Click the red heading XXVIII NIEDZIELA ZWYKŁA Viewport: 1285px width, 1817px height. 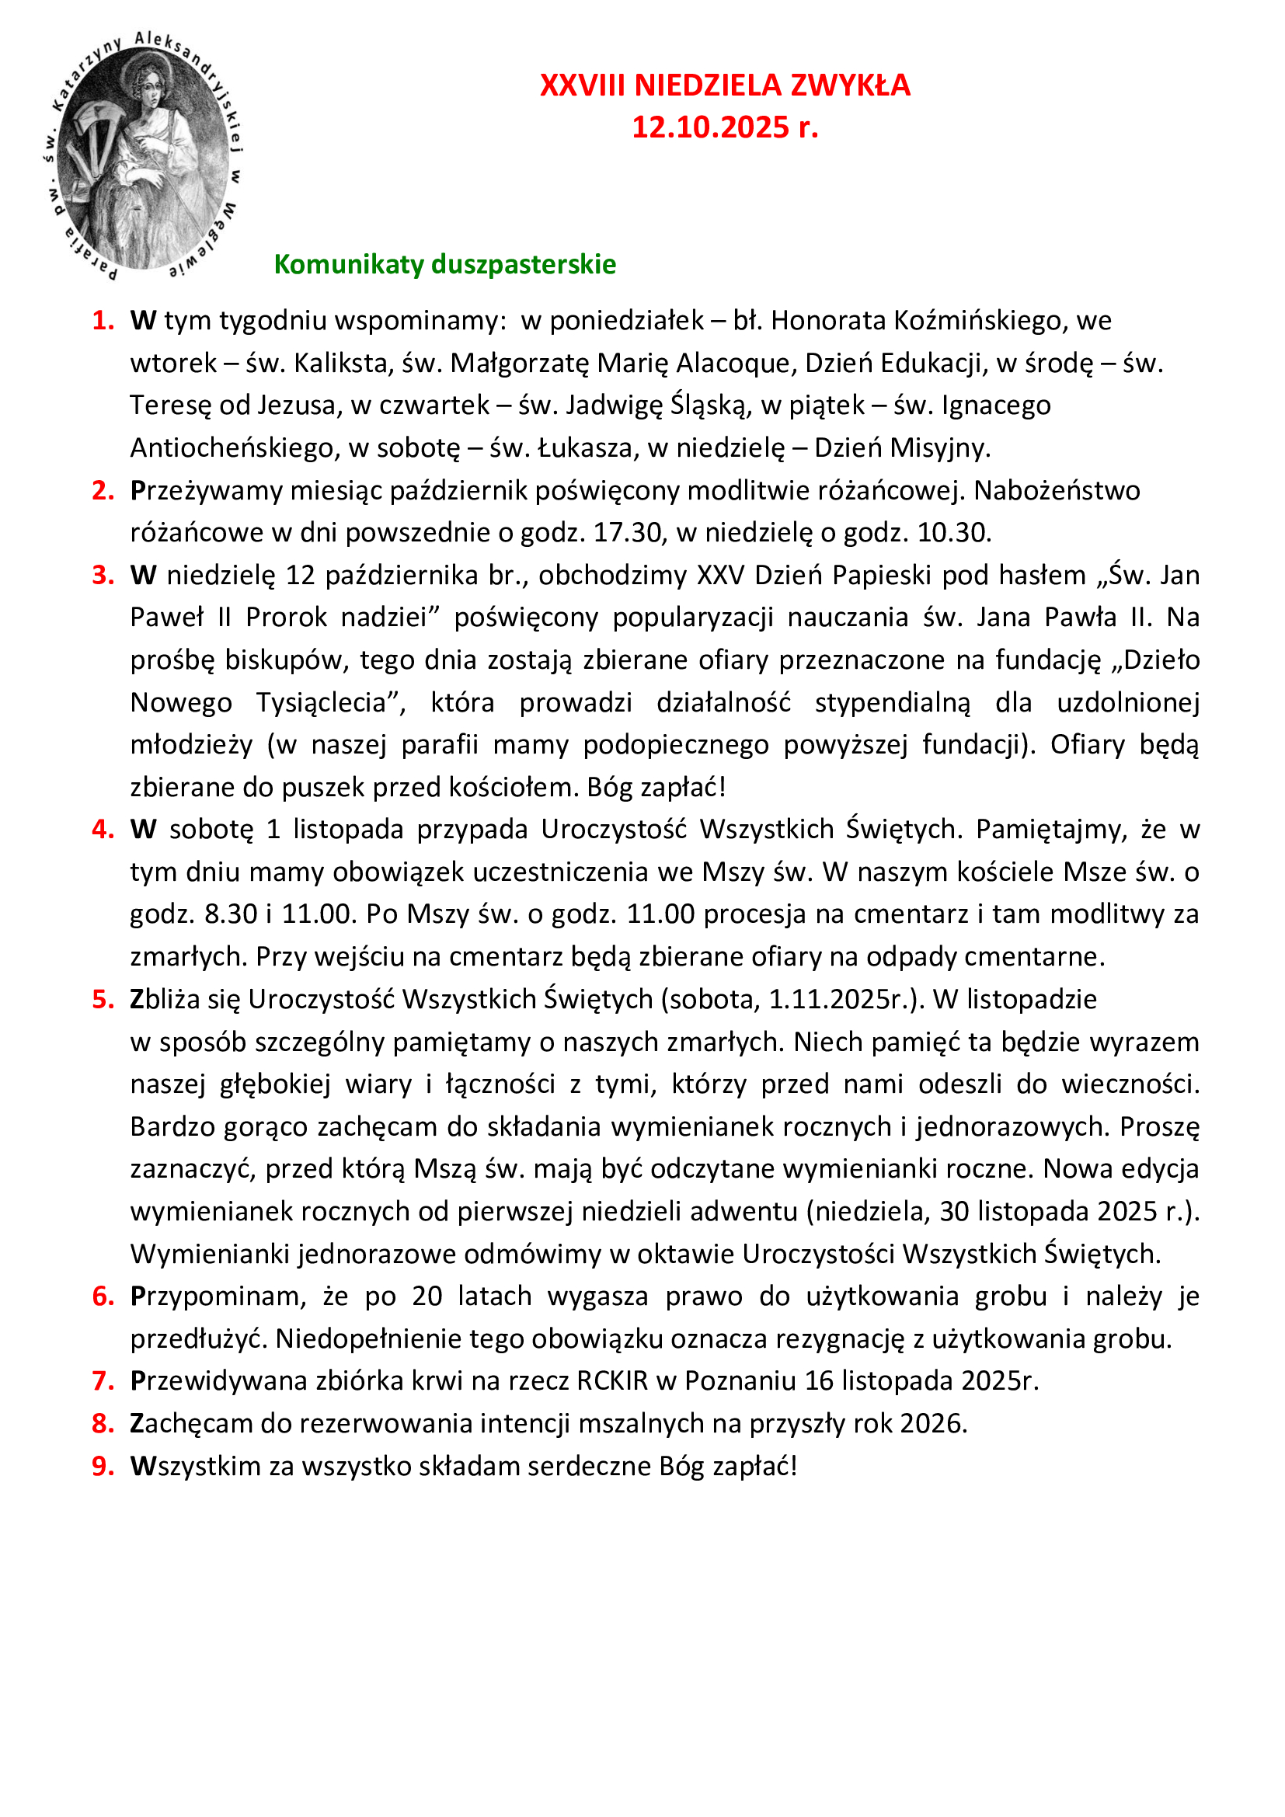725,85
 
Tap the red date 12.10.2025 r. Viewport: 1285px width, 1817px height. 725,127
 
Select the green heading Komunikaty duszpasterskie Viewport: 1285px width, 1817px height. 444,264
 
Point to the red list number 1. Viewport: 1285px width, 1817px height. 103,321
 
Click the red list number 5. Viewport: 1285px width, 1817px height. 103,1000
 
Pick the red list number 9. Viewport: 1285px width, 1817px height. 103,1467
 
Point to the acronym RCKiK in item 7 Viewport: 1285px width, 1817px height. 611,1381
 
